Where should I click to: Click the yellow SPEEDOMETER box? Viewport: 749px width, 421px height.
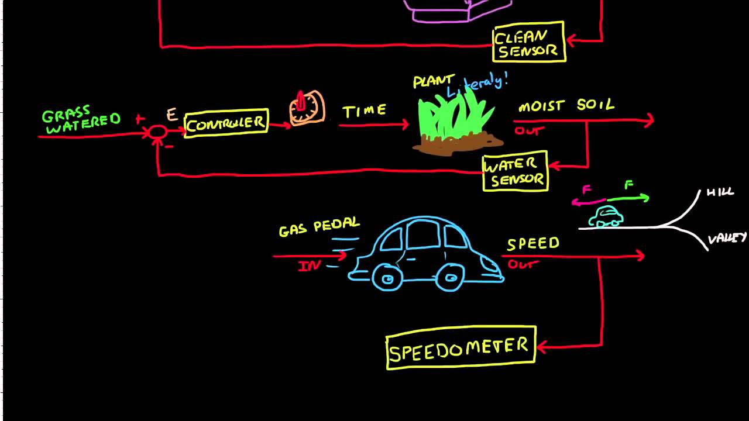click(x=461, y=348)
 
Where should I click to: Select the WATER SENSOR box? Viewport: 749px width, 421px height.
click(x=515, y=172)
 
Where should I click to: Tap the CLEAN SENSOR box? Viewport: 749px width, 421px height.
click(x=529, y=42)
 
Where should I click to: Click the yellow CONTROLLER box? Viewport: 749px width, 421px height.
click(x=226, y=123)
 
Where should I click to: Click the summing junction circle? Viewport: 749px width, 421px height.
click(x=157, y=133)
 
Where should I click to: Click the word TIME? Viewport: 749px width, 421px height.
click(x=365, y=111)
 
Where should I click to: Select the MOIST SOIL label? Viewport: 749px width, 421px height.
click(x=566, y=106)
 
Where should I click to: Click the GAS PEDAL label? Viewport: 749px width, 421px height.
click(x=319, y=227)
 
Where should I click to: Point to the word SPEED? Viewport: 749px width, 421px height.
click(x=533, y=243)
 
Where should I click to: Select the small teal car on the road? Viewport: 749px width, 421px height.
click(x=605, y=217)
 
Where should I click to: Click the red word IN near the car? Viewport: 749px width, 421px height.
click(x=309, y=266)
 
